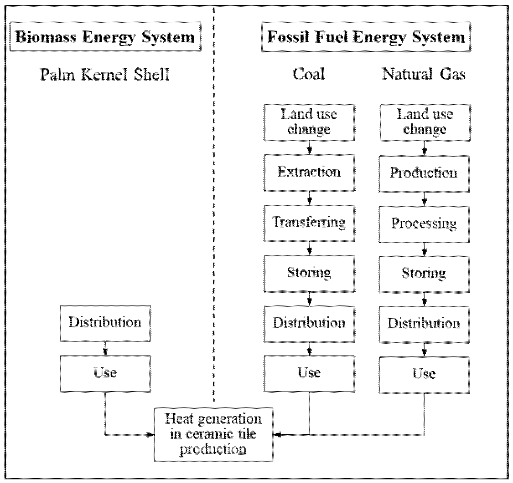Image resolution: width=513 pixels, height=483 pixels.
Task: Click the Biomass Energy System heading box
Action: coord(105,37)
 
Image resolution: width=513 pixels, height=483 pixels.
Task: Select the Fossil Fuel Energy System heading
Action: coord(366,37)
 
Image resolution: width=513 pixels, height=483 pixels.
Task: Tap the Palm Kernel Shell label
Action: coord(104,75)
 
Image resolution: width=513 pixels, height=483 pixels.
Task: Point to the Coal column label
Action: coord(309,74)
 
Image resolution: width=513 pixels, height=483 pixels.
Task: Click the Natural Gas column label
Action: coord(424,74)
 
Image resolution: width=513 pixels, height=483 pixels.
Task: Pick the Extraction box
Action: coord(309,173)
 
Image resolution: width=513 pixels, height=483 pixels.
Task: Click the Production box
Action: coord(424,173)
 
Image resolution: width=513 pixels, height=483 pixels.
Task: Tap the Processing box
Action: coord(424,224)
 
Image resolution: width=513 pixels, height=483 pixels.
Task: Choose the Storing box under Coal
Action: coord(309,273)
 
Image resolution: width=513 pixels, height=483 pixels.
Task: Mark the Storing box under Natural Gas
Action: coord(424,274)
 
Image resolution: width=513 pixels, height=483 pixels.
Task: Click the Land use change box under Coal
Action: coord(309,122)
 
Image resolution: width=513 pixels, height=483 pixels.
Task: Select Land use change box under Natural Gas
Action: coord(425,122)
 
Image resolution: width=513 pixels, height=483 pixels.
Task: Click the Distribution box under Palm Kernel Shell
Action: coord(105,323)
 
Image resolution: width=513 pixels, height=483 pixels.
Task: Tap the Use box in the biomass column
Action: coord(105,373)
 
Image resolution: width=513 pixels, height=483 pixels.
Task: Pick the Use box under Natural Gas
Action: coord(424,375)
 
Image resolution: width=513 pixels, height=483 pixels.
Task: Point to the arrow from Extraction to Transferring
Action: coord(309,198)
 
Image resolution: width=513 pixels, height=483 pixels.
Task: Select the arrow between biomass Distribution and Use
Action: coord(105,349)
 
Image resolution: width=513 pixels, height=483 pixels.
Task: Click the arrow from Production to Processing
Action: coord(424,199)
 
